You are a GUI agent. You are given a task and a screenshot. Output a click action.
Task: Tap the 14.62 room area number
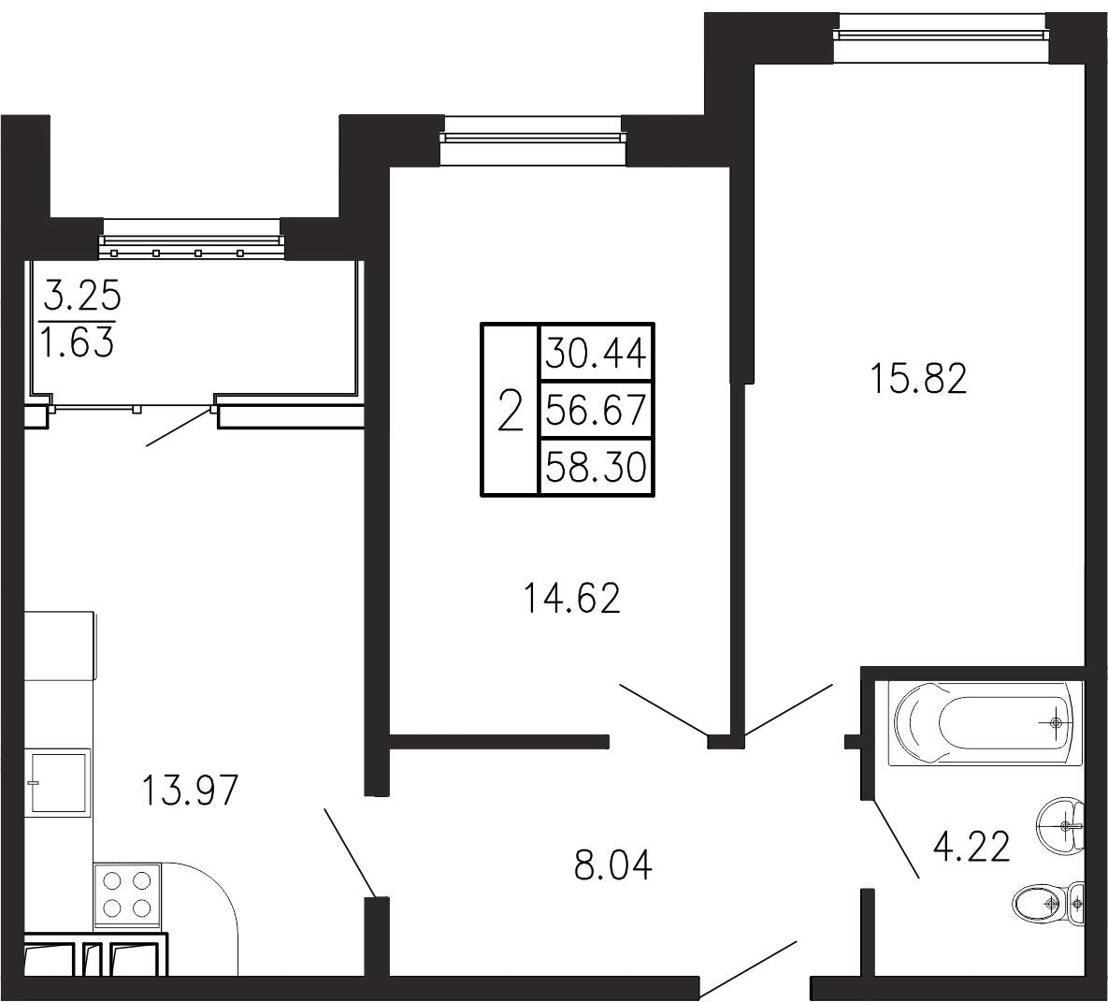pos(571,598)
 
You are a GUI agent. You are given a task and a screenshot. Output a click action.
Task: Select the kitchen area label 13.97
pos(190,790)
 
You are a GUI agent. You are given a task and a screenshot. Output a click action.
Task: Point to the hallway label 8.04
pos(612,864)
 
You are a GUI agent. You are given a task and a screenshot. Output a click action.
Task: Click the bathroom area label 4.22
pos(971,847)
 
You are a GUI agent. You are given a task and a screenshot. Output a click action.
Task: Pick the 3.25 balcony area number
pos(82,296)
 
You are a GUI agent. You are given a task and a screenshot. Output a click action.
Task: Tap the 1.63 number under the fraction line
pos(78,344)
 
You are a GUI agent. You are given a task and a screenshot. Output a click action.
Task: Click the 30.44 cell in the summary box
pos(597,353)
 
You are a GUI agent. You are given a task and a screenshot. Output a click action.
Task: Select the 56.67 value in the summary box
pos(597,410)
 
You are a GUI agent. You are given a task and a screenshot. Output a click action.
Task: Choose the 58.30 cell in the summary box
pos(597,468)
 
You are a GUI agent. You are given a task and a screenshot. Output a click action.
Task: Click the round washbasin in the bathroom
pos(1061,824)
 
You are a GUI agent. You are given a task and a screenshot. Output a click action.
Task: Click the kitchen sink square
pos(58,782)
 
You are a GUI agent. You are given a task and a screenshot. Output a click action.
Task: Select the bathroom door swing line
pos(895,838)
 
